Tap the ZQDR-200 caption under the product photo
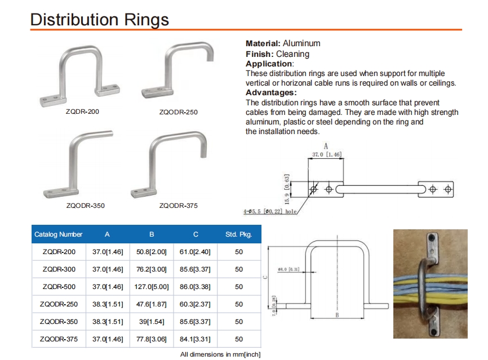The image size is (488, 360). point(82,112)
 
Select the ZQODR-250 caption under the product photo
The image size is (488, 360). point(179,112)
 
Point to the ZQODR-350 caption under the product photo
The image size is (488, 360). point(85,206)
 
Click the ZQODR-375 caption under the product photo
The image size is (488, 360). point(179,206)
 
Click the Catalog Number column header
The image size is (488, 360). point(59,234)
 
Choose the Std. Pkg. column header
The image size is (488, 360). point(238,234)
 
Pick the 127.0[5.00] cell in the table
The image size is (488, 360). point(150,287)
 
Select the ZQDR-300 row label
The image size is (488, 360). point(59,269)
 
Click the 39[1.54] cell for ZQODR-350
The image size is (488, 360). point(150,322)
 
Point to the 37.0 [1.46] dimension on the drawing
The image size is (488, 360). point(327,154)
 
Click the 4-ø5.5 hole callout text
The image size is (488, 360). point(270,212)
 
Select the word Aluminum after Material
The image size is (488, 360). point(301,43)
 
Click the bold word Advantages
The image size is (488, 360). point(270,92)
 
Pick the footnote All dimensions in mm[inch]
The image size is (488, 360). point(220,354)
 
